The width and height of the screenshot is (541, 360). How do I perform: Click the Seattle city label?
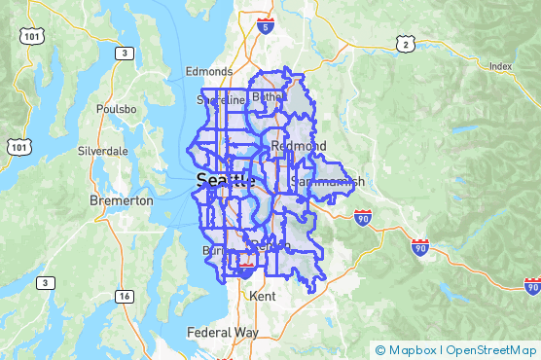pyautogui.click(x=223, y=180)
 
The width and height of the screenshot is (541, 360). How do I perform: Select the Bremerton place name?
pyautogui.click(x=122, y=200)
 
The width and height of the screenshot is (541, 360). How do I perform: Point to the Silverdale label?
pyautogui.click(x=102, y=152)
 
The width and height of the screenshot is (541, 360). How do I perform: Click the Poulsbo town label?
pyautogui.click(x=115, y=110)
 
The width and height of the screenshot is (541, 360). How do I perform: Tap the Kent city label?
pyautogui.click(x=262, y=294)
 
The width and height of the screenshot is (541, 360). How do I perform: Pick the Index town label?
pyautogui.click(x=501, y=66)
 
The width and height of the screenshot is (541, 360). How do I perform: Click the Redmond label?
pyautogui.click(x=292, y=146)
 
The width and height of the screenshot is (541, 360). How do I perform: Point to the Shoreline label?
pyautogui.click(x=221, y=99)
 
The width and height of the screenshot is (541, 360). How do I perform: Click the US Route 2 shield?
pyautogui.click(x=405, y=44)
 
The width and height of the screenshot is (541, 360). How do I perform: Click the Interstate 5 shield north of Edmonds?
pyautogui.click(x=267, y=26)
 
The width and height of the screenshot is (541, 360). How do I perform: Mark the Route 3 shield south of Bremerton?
pyautogui.click(x=45, y=282)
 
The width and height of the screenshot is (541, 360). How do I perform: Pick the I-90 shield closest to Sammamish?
pyautogui.click(x=362, y=216)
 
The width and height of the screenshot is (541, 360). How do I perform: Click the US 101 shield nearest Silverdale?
pyautogui.click(x=18, y=146)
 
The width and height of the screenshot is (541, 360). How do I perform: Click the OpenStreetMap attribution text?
pyautogui.click(x=490, y=350)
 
